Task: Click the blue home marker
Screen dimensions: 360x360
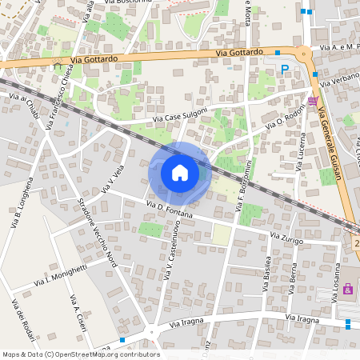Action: (x=180, y=173)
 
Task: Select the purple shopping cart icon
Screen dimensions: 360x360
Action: (x=312, y=101)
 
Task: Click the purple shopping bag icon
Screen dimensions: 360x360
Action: (x=348, y=289)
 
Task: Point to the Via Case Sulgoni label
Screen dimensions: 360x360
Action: (x=181, y=114)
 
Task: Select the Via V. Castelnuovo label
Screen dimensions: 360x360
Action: (x=172, y=253)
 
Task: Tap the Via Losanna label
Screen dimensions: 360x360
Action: (x=337, y=279)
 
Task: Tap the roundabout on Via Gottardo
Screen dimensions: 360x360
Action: (x=305, y=56)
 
